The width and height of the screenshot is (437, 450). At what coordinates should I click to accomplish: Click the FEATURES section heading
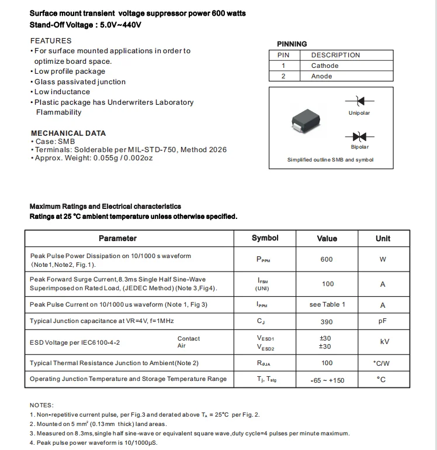click(51, 40)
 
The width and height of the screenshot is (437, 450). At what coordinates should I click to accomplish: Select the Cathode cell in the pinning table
click(324, 66)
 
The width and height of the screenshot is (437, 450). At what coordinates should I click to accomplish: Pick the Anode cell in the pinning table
click(321, 76)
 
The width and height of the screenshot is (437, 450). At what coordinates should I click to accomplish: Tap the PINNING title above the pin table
click(292, 44)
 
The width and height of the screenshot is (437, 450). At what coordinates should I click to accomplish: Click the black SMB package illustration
click(307, 122)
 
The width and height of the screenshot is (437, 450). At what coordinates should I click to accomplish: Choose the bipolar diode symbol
click(359, 136)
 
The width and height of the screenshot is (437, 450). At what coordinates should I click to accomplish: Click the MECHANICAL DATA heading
click(68, 133)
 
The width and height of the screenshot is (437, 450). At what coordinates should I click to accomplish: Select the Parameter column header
click(117, 238)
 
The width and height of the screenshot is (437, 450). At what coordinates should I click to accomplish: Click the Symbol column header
click(265, 238)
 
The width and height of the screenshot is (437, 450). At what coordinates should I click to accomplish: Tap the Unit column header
click(383, 238)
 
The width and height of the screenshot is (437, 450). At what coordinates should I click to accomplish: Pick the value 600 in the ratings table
click(327, 259)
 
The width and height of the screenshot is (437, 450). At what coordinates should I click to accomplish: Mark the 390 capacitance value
click(327, 322)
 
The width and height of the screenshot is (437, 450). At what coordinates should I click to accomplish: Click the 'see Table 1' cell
click(327, 304)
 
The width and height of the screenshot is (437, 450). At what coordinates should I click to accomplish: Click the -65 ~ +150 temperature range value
click(327, 380)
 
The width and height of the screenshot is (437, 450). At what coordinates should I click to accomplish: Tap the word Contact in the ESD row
click(189, 338)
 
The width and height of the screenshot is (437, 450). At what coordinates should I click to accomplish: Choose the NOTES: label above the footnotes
click(41, 405)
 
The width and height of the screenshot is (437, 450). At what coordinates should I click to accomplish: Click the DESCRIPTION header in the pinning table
click(335, 55)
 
